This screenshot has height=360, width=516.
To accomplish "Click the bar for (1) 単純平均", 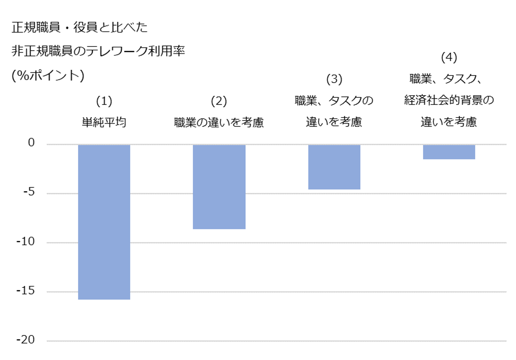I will (x=104, y=222).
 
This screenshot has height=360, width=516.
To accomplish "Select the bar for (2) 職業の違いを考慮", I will (x=219, y=187).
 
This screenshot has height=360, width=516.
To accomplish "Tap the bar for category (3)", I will (x=334, y=167).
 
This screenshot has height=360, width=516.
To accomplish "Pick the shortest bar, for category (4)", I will (x=449, y=152).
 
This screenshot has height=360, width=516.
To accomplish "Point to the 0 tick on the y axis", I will (x=31, y=142).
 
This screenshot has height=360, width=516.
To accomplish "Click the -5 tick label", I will (x=29, y=192).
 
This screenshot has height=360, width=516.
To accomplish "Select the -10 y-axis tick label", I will (x=26, y=242).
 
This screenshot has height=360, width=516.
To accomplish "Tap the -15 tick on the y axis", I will (x=26, y=291).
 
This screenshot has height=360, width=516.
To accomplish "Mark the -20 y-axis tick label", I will (x=26, y=340).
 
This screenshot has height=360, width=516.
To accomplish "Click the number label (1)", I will (x=104, y=101).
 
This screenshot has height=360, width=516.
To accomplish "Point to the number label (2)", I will (x=219, y=101).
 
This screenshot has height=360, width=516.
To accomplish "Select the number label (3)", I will (x=334, y=79).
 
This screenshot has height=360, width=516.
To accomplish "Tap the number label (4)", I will (x=449, y=57).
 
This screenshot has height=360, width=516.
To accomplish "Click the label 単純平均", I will (x=104, y=122).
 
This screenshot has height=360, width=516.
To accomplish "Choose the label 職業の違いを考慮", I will (x=219, y=122).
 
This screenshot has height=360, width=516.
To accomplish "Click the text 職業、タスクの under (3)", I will (x=334, y=100).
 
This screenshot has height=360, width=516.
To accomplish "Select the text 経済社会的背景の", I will (x=449, y=100).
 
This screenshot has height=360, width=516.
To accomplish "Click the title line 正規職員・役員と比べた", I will (x=80, y=27).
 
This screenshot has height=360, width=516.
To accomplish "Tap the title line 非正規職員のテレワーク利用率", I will (x=98, y=51).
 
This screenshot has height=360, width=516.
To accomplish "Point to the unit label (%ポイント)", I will (x=48, y=76).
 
